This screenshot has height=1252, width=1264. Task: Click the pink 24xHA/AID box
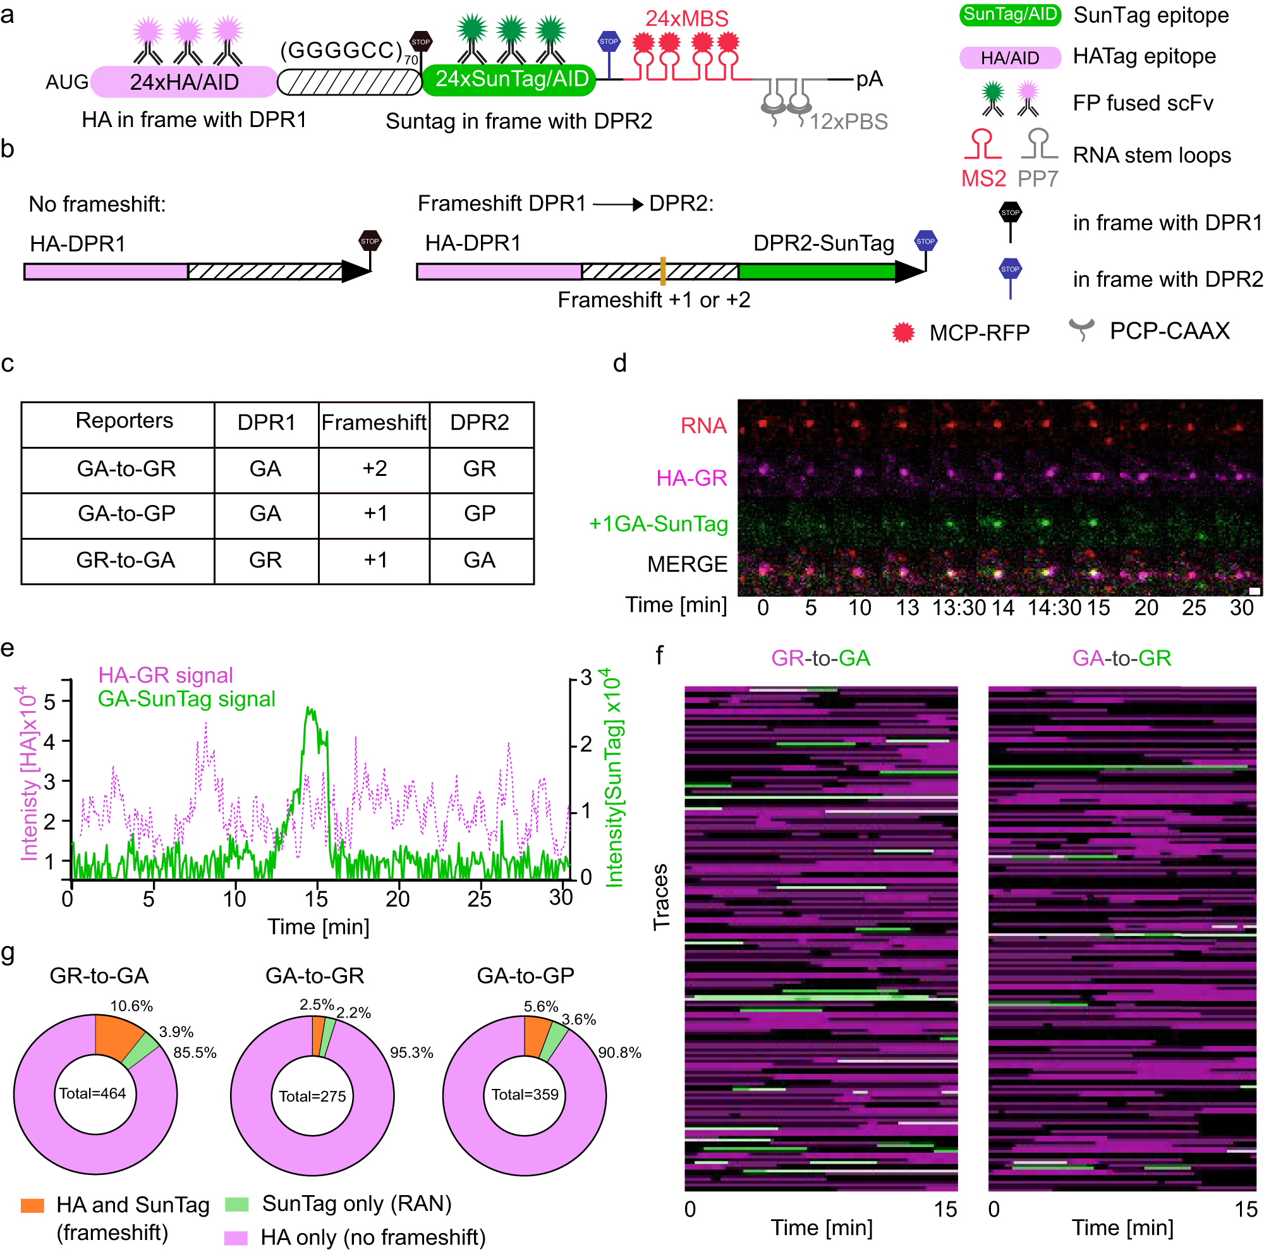(184, 82)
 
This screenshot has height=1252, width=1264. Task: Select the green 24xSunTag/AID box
(509, 79)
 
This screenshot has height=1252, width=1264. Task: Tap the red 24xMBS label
(686, 18)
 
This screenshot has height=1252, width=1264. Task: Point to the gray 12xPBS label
(848, 122)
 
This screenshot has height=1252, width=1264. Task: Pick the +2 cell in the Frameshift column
(374, 469)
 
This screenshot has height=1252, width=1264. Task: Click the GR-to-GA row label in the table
(126, 561)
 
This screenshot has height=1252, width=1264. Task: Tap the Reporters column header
(125, 421)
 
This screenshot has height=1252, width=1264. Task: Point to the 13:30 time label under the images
(958, 608)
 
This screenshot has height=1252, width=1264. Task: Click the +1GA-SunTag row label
(658, 524)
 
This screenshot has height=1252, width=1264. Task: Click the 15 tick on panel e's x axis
(316, 899)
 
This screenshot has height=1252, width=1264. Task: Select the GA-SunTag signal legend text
(186, 699)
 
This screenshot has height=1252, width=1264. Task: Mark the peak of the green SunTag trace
(309, 708)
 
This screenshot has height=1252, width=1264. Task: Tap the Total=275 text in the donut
(312, 1097)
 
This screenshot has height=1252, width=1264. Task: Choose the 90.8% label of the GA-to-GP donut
(619, 1053)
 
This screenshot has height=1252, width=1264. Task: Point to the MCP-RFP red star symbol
(903, 332)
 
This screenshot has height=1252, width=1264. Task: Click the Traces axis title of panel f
(661, 897)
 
